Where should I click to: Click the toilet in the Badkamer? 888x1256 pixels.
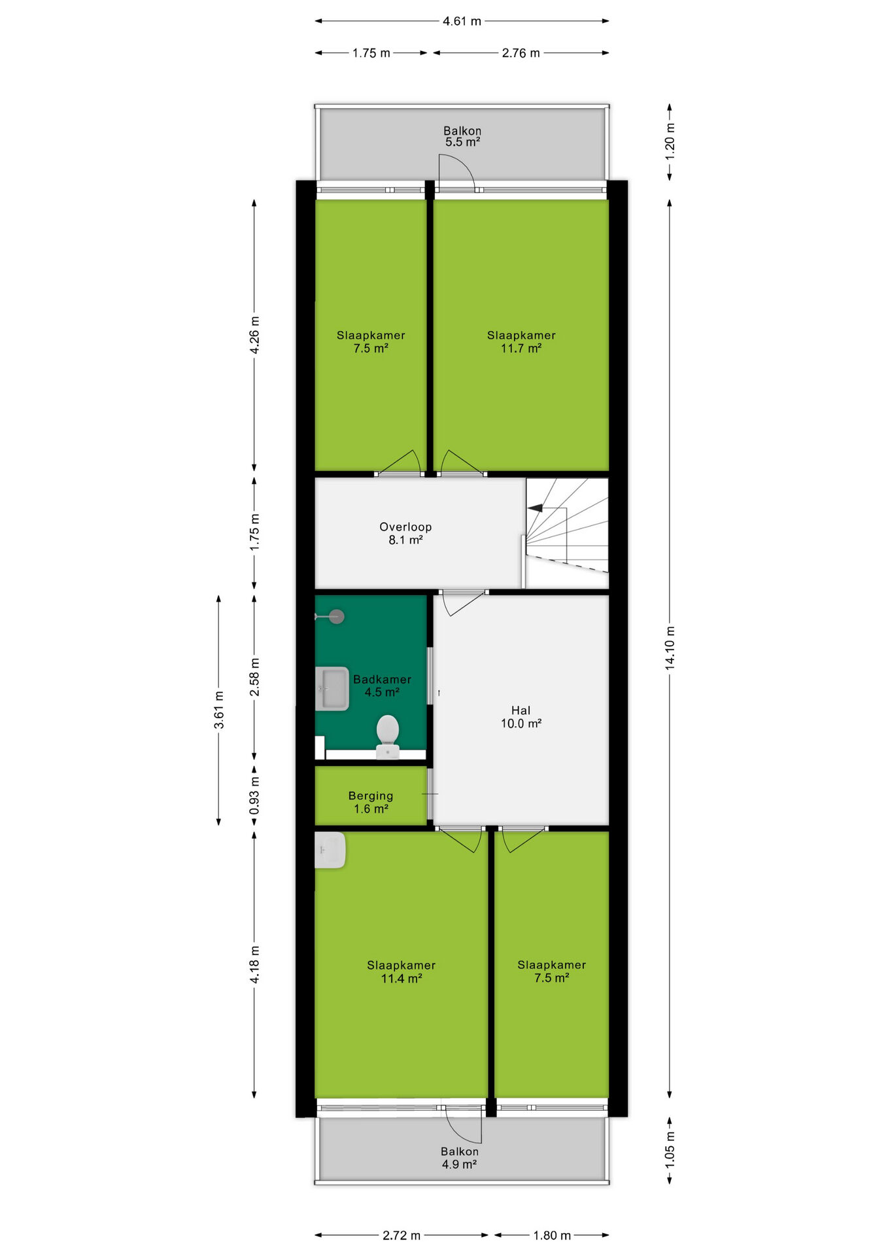pos(388,736)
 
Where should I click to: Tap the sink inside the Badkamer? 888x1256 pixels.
pos(332,688)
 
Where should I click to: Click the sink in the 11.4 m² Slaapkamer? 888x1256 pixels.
pos(330,850)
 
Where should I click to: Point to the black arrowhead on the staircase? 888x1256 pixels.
pos(534,508)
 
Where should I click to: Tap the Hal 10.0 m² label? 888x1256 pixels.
pos(521,717)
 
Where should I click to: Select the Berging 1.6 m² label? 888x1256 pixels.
pos(371,802)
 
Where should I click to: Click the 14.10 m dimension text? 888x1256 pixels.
pos(670,648)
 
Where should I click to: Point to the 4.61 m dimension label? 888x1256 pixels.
pos(462,21)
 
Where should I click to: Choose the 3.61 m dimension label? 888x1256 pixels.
pos(219,710)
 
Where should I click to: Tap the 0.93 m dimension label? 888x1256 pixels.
pos(254,795)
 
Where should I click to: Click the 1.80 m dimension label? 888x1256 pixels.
pos(552,1235)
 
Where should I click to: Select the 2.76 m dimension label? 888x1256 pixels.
pos(521,53)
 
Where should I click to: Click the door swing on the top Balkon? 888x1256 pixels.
pos(456,171)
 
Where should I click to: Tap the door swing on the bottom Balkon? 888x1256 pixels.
pos(464,1126)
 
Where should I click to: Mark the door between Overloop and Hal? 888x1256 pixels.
pos(464,602)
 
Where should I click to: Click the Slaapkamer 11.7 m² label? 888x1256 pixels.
pos(521,341)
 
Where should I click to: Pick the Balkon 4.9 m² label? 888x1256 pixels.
pos(459,1157)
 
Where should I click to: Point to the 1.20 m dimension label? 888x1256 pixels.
pos(670,141)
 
